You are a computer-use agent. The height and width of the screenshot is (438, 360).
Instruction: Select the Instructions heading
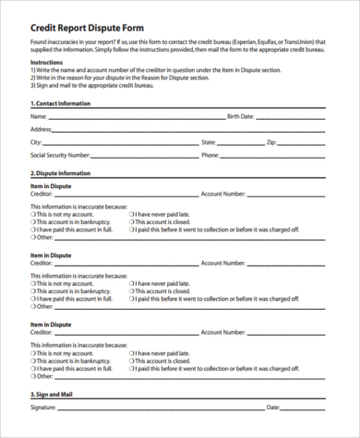point(45,62)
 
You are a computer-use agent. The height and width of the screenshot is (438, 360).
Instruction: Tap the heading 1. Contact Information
point(61,104)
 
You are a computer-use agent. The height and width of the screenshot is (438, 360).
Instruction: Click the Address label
point(42,130)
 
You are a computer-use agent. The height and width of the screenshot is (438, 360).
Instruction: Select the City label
point(36,143)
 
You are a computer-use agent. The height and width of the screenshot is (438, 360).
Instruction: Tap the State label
point(209,143)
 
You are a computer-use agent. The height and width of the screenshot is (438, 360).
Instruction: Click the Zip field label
point(271,143)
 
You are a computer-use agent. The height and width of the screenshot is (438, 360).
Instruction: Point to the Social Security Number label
point(60,156)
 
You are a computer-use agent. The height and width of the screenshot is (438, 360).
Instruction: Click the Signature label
point(43,407)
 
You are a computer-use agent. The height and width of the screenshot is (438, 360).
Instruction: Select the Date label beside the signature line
point(272,407)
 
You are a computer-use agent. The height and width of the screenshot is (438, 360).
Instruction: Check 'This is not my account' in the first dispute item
point(33,215)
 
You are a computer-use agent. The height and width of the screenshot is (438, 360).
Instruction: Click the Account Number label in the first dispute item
point(223,195)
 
